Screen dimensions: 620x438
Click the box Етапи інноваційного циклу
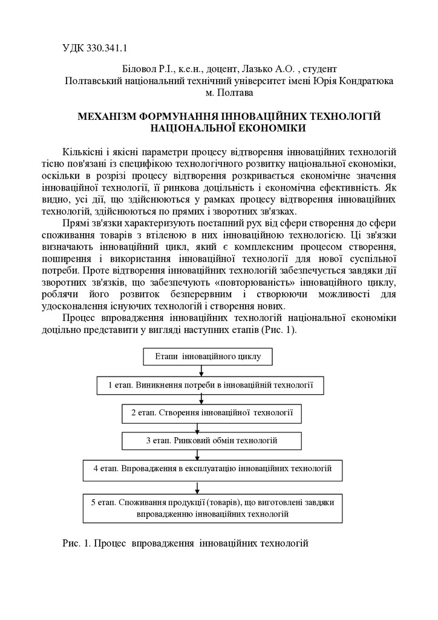tap(208, 357)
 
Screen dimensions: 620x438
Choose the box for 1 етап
tap(211, 384)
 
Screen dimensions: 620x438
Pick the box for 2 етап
tap(212, 412)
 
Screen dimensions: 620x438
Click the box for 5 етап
tap(212, 508)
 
